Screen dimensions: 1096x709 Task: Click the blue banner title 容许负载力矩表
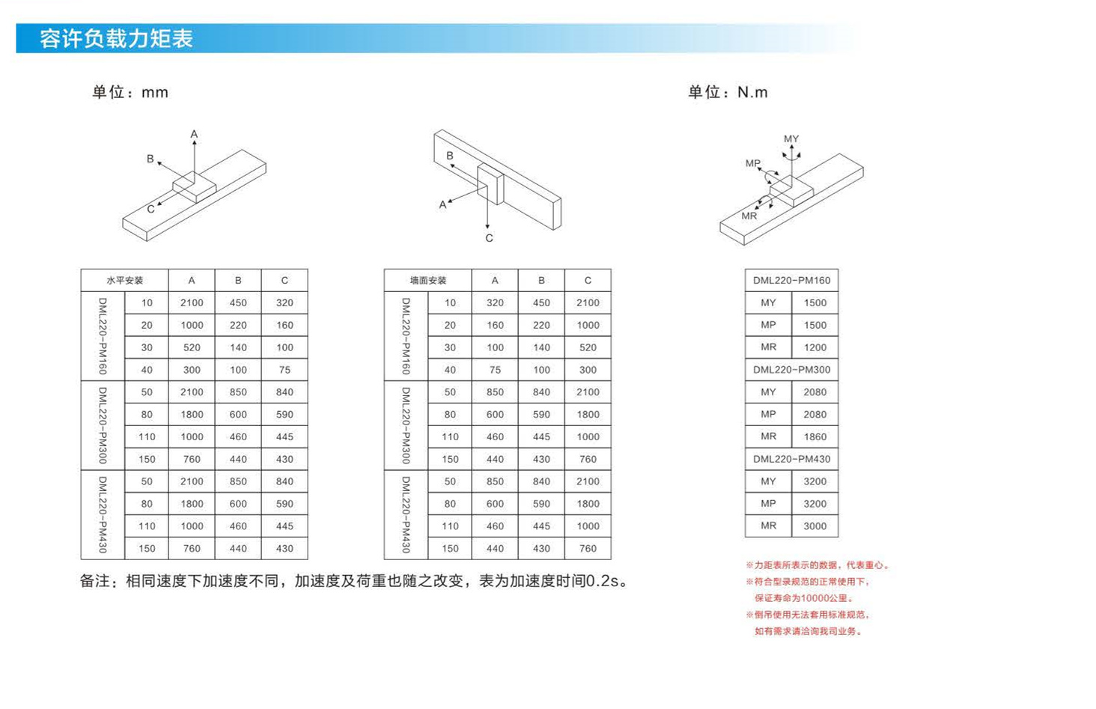coord(117,39)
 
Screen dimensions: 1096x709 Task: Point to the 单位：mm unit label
coord(130,92)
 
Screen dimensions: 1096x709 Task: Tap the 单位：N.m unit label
coord(728,92)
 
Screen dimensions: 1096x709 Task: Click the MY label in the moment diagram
coord(791,139)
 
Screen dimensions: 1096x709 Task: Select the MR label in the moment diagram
coord(749,216)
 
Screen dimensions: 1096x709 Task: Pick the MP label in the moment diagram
coord(753,163)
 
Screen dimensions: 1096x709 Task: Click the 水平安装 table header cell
coord(125,280)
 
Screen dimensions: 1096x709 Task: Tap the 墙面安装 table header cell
coord(428,280)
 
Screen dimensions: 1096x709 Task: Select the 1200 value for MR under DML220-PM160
coord(815,347)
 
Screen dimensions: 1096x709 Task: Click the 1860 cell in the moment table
coord(815,436)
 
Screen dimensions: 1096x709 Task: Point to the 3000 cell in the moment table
coord(815,526)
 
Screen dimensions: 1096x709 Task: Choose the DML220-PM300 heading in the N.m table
coord(791,370)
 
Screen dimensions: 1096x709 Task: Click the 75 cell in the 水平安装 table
coord(284,370)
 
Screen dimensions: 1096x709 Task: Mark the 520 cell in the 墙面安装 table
coord(588,347)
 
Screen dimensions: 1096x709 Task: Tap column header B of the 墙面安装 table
coord(542,280)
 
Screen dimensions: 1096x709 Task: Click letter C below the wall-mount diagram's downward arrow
coord(490,238)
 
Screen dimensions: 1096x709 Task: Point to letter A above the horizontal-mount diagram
coord(194,134)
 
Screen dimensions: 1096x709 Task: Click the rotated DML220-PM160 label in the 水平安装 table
coord(103,336)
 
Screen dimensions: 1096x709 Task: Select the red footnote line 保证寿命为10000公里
coord(804,598)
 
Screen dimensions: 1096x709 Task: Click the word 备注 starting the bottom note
coord(95,581)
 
